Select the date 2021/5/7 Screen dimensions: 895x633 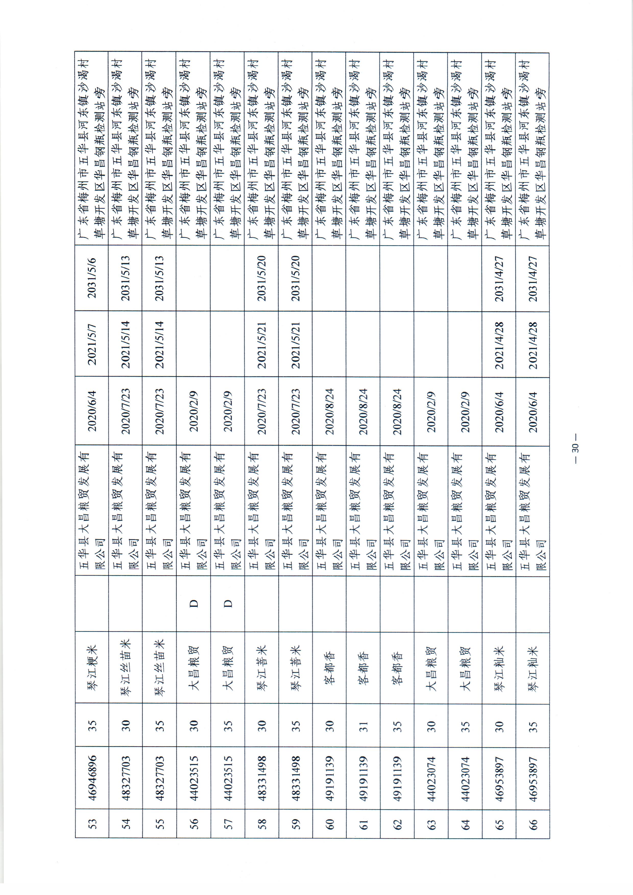(92, 344)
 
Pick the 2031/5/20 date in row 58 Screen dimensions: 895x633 (262, 278)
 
